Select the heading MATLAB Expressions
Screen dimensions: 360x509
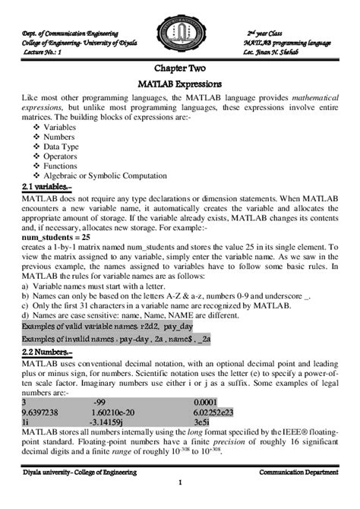pos(180,84)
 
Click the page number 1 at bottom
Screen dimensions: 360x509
pos(180,483)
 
